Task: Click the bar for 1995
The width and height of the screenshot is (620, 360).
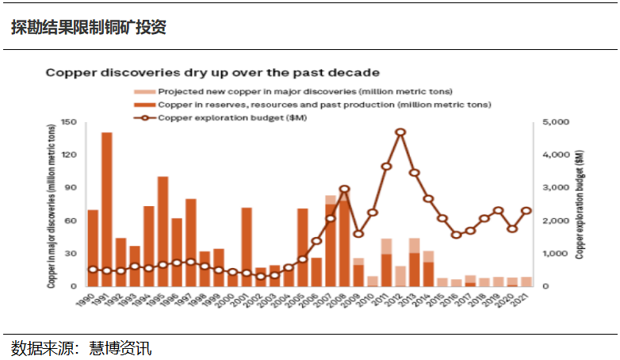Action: tap(163, 231)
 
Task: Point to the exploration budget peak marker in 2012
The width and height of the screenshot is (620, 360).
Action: tap(400, 132)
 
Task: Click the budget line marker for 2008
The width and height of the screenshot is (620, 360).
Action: tap(344, 190)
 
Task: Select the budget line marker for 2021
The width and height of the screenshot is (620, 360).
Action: tap(526, 211)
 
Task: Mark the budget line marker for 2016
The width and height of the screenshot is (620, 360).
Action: tap(456, 235)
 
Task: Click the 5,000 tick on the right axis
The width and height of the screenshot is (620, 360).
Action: tap(557, 123)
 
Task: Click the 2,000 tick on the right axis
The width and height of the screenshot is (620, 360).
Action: tap(557, 220)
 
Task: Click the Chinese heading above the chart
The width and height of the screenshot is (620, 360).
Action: tap(89, 27)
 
